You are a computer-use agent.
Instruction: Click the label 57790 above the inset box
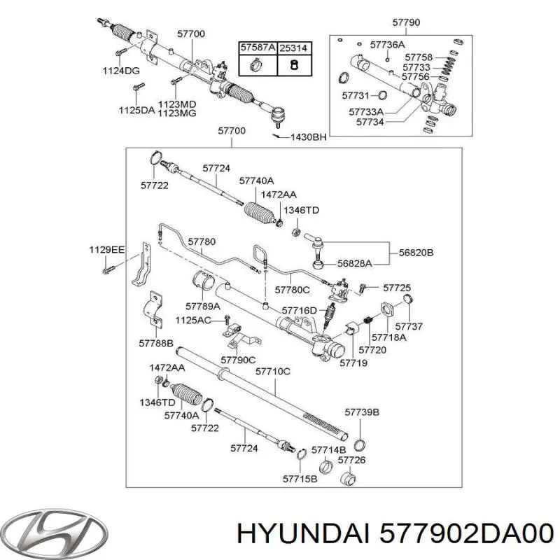(406, 23)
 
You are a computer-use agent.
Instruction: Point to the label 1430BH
(309, 137)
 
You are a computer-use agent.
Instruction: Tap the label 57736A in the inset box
(388, 45)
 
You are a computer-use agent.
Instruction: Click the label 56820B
(416, 252)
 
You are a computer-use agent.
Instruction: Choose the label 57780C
(293, 289)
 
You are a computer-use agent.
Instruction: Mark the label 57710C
(272, 371)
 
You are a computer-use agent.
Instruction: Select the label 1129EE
(106, 249)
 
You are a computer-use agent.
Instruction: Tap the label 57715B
(300, 479)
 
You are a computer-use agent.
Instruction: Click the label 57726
(352, 460)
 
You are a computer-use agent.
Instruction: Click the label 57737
(409, 325)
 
